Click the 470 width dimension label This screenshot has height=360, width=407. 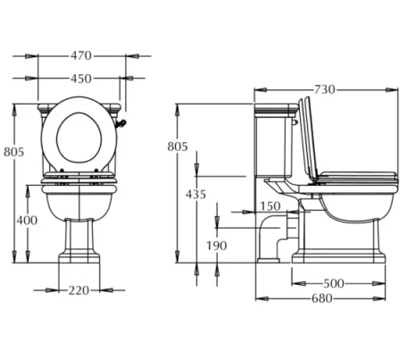[x=80, y=55]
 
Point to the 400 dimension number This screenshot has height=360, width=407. [x=28, y=220]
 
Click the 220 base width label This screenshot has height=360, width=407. [x=80, y=289]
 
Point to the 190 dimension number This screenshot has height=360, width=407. [x=215, y=246]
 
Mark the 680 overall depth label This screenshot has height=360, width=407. [x=321, y=298]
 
